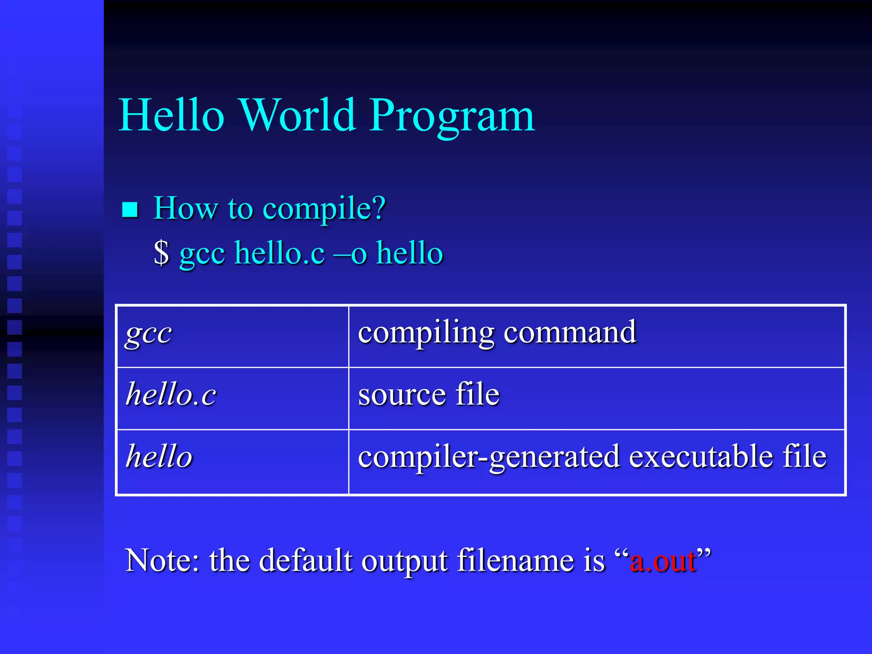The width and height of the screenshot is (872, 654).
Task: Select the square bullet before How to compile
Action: [x=130, y=209]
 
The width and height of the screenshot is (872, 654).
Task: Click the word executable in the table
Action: [x=700, y=456]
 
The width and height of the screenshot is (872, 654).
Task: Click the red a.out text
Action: [x=663, y=561]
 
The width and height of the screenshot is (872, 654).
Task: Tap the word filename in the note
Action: [x=531, y=561]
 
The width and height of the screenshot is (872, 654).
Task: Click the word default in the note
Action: [x=306, y=561]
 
